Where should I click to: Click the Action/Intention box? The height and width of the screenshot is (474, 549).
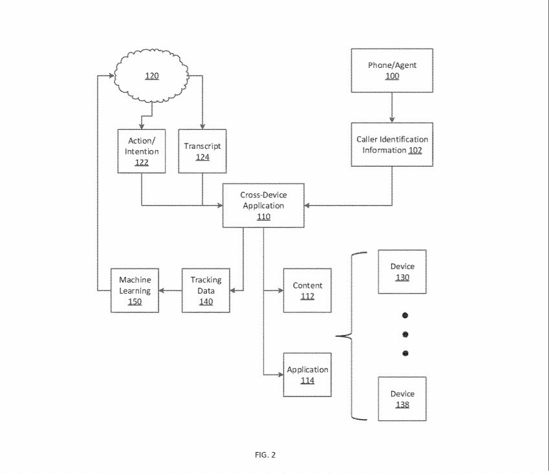[x=142, y=151]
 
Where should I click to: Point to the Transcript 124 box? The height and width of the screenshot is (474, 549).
[x=202, y=151]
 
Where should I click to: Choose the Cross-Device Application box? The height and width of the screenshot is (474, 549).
[x=263, y=206]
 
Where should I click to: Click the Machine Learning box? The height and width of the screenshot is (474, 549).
[x=135, y=290]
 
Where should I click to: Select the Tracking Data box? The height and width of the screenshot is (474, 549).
[x=206, y=290]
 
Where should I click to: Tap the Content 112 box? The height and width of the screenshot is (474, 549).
[x=307, y=290]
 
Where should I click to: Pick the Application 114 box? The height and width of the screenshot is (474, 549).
[x=307, y=375]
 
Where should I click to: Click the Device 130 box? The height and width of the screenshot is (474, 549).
[x=402, y=272]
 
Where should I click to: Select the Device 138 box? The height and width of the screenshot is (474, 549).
[x=402, y=399]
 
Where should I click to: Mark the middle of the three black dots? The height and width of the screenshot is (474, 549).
[x=406, y=334]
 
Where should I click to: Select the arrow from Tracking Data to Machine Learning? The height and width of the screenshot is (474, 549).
[x=171, y=290]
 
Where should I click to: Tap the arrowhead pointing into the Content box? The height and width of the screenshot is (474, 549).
[x=280, y=290]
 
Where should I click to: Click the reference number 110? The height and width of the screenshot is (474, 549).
[x=263, y=217]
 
